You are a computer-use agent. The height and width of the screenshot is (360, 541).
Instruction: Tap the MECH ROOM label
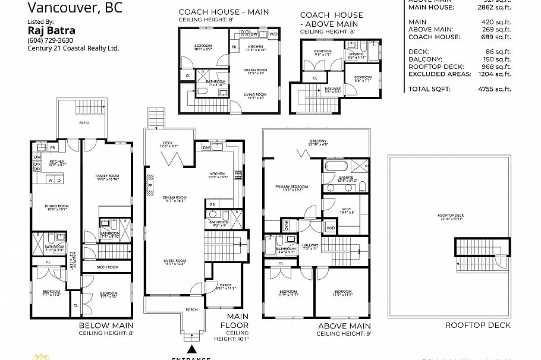108,267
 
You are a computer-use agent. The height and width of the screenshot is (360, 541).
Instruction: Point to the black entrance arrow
191,350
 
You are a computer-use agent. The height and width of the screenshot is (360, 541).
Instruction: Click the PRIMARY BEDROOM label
290,187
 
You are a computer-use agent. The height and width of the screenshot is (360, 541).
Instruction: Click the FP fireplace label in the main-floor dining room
150,185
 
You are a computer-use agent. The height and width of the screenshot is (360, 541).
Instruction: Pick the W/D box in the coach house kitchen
273,34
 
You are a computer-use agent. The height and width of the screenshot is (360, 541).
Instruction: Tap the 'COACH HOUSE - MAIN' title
224,12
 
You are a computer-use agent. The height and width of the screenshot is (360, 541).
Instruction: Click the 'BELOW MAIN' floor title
106,326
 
